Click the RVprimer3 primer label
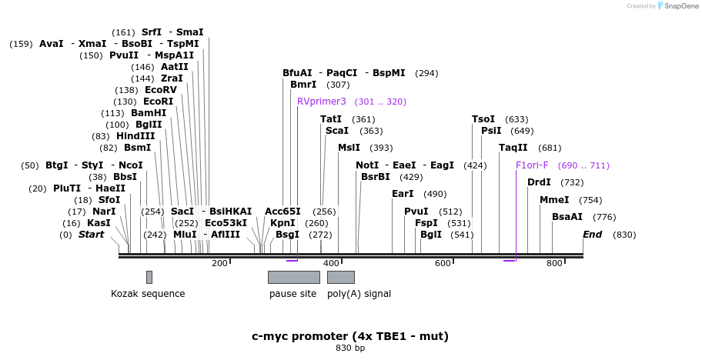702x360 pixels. click(322, 102)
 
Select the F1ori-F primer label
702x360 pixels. click(532, 165)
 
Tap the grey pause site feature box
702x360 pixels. click(293, 277)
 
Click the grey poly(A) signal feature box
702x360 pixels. click(340, 277)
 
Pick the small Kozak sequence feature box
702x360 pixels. click(149, 277)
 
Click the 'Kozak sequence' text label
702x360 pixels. click(148, 294)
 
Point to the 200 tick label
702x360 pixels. click(219, 264)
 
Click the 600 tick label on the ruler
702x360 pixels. click(443, 264)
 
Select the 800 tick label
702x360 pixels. click(554, 264)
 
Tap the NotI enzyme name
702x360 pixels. click(367, 165)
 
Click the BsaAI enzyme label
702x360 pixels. click(567, 217)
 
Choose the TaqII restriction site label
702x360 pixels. click(513, 148)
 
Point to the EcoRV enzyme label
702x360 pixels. click(161, 90)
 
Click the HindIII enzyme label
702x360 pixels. click(135, 136)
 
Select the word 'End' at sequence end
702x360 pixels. click(592, 235)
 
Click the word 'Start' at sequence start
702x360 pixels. click(91, 235)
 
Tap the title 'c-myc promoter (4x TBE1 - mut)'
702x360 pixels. click(350, 336)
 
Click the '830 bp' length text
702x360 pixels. click(350, 348)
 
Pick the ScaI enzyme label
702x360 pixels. click(336, 131)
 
